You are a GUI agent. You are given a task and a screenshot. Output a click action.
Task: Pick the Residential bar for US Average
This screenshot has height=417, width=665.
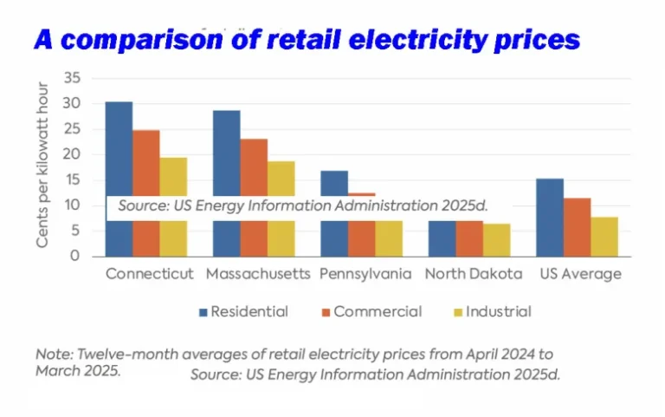(x=550, y=217)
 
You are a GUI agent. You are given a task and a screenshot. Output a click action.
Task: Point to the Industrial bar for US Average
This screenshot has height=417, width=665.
(x=604, y=236)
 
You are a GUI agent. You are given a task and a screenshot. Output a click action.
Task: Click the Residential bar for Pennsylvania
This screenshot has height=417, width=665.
(x=334, y=183)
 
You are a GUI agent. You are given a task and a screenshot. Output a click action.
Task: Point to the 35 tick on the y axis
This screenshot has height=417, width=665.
(x=72, y=79)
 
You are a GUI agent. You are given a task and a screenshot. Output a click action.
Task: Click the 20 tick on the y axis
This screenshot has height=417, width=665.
(x=72, y=154)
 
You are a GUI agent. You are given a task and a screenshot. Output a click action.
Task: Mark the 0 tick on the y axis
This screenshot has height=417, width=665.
(x=75, y=257)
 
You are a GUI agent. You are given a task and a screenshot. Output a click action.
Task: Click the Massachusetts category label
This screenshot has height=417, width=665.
(x=258, y=274)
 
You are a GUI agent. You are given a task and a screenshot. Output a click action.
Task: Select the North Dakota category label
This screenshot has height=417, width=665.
(x=473, y=274)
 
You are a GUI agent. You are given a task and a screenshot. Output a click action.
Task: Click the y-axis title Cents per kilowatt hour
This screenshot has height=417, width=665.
(x=42, y=166)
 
